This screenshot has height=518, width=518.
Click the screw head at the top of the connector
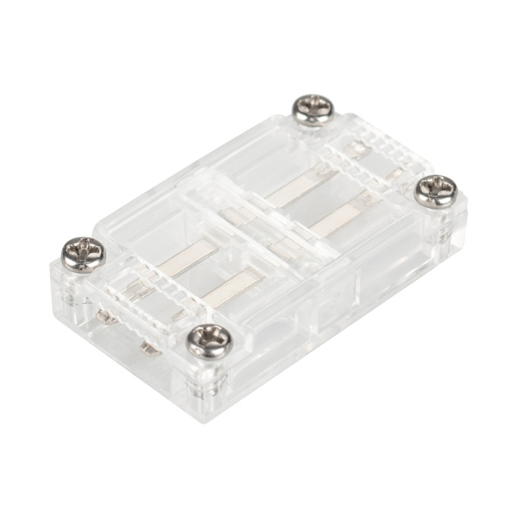click(x=313, y=109)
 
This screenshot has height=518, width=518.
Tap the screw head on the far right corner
click(x=435, y=189)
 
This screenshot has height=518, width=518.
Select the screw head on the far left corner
click(x=84, y=253)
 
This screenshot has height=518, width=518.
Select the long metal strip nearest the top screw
click(x=300, y=184)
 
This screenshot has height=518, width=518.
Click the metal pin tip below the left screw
click(x=107, y=318)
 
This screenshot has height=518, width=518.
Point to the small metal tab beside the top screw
click(x=352, y=151)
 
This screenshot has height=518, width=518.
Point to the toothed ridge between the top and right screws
click(x=380, y=155)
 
